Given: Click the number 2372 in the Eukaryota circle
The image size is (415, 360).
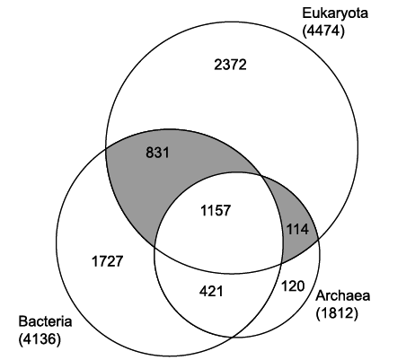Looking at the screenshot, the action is (x=230, y=65).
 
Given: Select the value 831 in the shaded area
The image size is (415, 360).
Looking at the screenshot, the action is (x=157, y=153).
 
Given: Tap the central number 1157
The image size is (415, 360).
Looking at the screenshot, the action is (x=216, y=210).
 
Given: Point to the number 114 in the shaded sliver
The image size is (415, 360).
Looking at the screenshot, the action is (x=297, y=230).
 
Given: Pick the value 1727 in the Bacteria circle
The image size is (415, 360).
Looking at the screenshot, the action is (x=107, y=261).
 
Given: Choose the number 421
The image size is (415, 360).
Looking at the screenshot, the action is (x=211, y=291).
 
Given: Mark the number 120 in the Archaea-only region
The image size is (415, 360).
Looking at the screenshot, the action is (x=293, y=286).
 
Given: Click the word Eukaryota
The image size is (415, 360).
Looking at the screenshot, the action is (x=335, y=13).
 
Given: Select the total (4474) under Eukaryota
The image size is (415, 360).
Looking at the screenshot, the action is (x=323, y=31).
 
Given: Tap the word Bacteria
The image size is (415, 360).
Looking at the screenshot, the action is (x=45, y=321).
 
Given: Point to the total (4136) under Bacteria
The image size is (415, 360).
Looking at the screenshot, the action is (x=40, y=339).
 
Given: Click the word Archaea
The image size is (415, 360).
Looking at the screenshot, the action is (x=343, y=296).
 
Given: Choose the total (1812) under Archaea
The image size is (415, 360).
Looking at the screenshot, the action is (x=337, y=313).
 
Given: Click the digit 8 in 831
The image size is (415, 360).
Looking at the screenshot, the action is (x=150, y=153).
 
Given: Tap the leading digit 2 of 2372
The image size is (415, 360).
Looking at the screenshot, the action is (x=218, y=65).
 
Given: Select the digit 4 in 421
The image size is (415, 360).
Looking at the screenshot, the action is (x=204, y=291).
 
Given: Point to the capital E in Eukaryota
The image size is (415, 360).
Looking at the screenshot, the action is (x=306, y=13).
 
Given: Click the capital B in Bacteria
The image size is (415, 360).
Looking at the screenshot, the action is (x=22, y=321).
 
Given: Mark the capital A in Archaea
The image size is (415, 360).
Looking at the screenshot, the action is (x=320, y=296).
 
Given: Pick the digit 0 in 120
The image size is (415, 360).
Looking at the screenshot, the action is (x=301, y=286).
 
